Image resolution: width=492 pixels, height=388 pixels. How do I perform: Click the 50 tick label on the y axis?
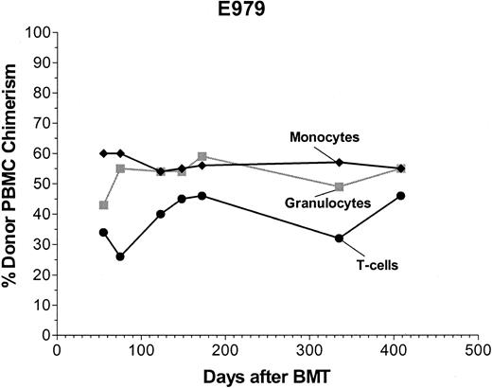pos(42,184)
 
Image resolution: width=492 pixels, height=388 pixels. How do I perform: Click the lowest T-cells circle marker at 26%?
pos(120,256)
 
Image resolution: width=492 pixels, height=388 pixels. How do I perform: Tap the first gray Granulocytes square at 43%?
pos(103,204)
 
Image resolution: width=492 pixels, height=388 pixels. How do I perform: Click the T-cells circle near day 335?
pos(338,238)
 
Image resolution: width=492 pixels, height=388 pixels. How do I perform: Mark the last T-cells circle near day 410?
pos(401,195)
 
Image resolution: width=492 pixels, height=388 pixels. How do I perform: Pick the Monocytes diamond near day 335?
pos(339,162)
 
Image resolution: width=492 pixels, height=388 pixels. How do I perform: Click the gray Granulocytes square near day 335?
pos(339,186)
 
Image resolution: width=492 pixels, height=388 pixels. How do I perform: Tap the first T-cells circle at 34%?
pos(103,232)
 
